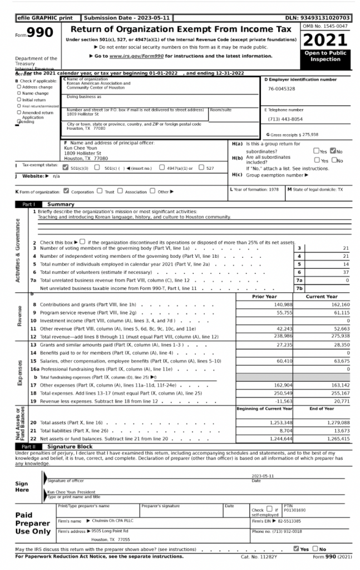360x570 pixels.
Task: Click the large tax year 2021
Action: pyautogui.click(x=326, y=41)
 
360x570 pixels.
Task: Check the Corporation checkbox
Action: pyautogui.click(x=67, y=191)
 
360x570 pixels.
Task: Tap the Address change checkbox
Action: pyautogui.click(x=19, y=87)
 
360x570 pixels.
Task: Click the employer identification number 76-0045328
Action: pyautogui.click(x=282, y=89)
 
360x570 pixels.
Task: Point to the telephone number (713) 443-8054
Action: pyautogui.click(x=285, y=119)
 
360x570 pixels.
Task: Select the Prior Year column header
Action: pyautogui.click(x=264, y=297)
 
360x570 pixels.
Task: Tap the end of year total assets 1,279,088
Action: pyautogui.click(x=338, y=422)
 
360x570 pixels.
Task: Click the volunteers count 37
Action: pyautogui.click(x=346, y=272)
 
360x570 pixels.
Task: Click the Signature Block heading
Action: pyautogui.click(x=70, y=446)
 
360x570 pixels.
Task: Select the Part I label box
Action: pyautogui.click(x=28, y=204)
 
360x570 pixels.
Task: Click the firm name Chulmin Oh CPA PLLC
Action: pyautogui.click(x=111, y=521)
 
